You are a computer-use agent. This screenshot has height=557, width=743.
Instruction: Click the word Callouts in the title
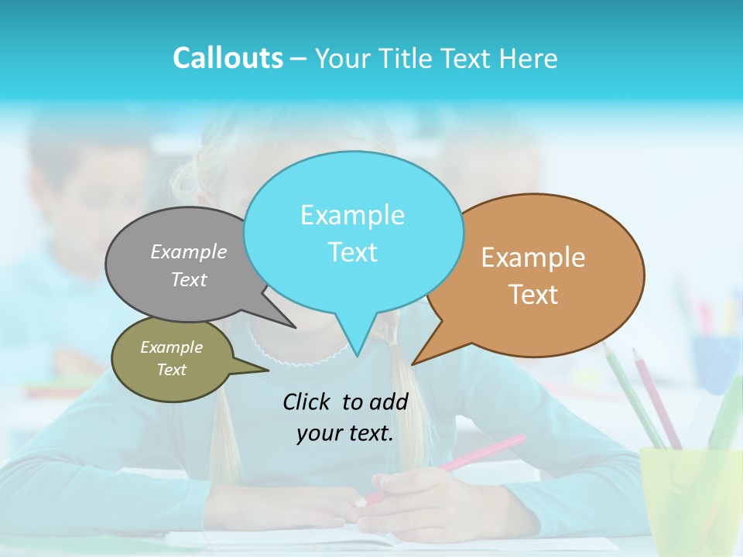click(228, 58)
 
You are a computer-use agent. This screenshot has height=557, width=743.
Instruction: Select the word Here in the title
click(529, 58)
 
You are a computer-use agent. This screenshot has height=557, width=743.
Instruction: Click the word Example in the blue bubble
click(352, 215)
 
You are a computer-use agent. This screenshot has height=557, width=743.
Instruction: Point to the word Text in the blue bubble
click(352, 252)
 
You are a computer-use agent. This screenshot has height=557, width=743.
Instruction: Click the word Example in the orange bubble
click(533, 258)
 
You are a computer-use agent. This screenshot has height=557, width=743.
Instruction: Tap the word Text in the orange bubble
click(533, 295)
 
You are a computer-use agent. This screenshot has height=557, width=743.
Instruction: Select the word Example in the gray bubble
click(189, 252)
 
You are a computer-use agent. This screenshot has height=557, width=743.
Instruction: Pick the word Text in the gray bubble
click(189, 280)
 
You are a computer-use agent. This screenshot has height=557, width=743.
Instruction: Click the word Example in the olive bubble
click(171, 347)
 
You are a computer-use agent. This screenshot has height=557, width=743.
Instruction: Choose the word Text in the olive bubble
click(171, 370)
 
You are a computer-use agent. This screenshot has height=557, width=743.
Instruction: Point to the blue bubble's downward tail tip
click(357, 354)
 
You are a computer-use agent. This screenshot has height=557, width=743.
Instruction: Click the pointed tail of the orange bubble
click(414, 363)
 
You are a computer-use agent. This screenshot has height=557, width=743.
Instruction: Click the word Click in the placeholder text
click(307, 402)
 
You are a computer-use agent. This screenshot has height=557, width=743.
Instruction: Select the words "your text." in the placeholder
click(345, 433)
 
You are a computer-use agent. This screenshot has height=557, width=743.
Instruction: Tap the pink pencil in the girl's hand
click(464, 460)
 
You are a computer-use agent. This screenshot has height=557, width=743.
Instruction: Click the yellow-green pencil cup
click(689, 495)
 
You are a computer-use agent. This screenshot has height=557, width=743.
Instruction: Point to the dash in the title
click(299, 59)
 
